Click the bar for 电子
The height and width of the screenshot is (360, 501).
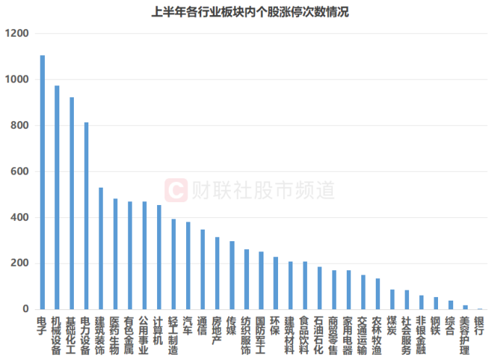coord(42,183)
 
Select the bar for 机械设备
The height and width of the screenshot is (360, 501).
coord(57,197)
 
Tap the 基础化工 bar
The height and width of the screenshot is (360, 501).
coord(72,204)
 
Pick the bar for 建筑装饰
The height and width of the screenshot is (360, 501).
coord(101,248)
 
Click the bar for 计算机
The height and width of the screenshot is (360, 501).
coord(159,257)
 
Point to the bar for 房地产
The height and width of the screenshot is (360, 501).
coord(217,273)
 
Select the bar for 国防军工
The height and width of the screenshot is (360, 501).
coord(261,280)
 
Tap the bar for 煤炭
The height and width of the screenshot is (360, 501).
coord(392,299)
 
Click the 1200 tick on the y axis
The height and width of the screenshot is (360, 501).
coord(17,33)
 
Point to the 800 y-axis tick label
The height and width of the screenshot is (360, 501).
coord(20,125)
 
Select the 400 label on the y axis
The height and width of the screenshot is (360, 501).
coord(20,217)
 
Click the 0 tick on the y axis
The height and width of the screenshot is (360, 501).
coord(25,309)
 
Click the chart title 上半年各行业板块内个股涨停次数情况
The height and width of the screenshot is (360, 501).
coord(250,12)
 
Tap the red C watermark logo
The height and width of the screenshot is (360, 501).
coord(176,191)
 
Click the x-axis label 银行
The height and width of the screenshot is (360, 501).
coord(479,326)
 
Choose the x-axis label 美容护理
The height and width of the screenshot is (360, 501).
coord(465,335)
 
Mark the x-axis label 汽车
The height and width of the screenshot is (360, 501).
coord(188,326)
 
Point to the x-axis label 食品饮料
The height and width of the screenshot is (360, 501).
coord(304,335)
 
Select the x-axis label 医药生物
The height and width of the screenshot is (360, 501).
coord(114,335)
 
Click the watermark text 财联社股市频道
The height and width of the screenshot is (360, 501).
coord(264,191)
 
